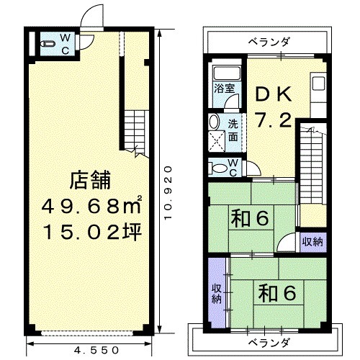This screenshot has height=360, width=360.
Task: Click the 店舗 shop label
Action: click(x=90, y=180)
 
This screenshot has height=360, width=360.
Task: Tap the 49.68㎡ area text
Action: click(x=91, y=206)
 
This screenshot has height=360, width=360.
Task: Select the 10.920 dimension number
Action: click(x=168, y=192)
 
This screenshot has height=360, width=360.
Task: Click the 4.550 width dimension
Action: click(x=96, y=350)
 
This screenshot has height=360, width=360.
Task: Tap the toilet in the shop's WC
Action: click(x=48, y=44)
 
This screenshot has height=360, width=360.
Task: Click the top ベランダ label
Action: click(x=269, y=42)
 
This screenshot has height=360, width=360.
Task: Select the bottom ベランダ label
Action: click(x=269, y=343)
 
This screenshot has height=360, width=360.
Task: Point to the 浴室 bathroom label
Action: click(x=225, y=89)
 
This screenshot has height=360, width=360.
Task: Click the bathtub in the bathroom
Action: click(x=227, y=73)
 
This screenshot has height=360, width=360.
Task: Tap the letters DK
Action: click(x=274, y=94)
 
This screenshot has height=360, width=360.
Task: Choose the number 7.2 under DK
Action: click(x=274, y=120)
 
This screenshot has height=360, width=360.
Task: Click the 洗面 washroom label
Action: click(x=233, y=130)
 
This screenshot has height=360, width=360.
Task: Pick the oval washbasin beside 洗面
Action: click(x=214, y=122)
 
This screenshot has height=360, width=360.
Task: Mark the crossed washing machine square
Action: click(x=217, y=141)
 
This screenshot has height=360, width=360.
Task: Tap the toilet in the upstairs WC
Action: click(x=218, y=168)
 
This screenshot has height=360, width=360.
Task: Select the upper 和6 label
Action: click(x=250, y=219)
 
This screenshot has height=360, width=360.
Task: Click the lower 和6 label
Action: click(x=277, y=293)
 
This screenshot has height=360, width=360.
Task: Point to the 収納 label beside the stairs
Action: click(x=312, y=242)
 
